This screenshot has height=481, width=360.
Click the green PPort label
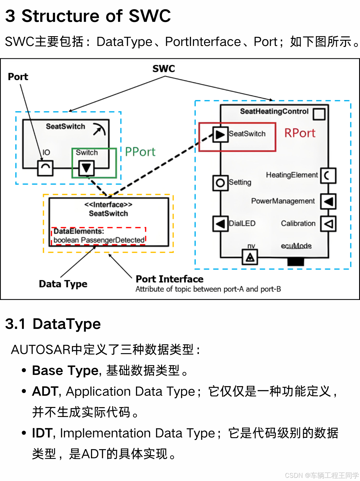[x=140, y=152]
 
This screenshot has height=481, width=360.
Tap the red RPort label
[x=300, y=133]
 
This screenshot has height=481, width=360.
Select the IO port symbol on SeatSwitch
[x=46, y=168]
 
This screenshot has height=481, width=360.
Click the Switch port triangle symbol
[x=86, y=168]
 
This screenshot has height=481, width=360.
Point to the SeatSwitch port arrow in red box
[x=220, y=134]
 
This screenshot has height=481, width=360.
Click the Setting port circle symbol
[x=220, y=183]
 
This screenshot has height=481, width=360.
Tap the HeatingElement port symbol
[x=328, y=176]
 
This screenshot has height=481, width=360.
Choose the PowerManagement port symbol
[x=328, y=201]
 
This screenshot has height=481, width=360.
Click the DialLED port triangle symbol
[x=220, y=224]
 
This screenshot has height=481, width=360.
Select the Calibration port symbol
[x=328, y=224]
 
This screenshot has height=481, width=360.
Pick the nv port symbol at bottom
[x=250, y=257]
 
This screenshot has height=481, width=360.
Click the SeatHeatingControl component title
[x=274, y=112]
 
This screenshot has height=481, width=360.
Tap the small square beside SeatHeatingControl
[x=319, y=114]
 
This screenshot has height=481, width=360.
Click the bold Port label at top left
[x=18, y=77]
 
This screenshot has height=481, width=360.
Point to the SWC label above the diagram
[x=164, y=69]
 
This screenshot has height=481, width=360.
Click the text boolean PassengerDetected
[x=99, y=240]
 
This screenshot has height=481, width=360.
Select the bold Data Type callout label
[x=63, y=284]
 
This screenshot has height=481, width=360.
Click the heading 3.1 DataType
[x=53, y=324]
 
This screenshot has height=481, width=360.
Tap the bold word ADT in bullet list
[x=45, y=391]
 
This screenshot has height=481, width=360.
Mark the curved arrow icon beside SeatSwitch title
[x=99, y=129]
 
